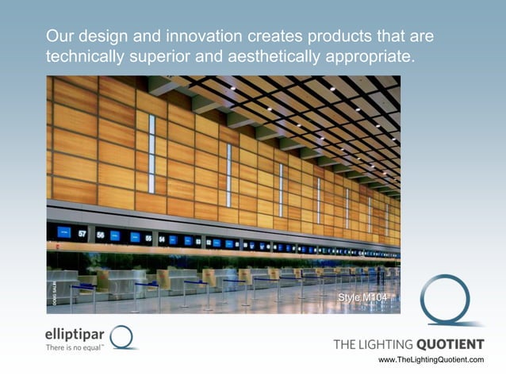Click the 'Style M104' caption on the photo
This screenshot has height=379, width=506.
point(362,297)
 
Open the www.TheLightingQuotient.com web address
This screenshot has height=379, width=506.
point(431,360)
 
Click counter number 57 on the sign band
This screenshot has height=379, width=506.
point(82,234)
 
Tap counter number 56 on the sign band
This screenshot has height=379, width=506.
point(100,235)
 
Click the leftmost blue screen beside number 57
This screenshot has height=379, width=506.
point(64,232)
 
